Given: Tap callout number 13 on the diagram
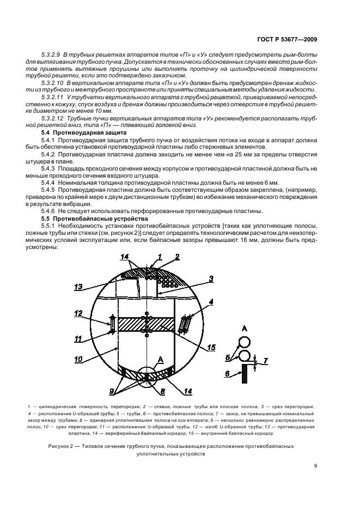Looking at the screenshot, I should [x=78, y=286].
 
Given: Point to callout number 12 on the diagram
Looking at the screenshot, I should [x=78, y=313].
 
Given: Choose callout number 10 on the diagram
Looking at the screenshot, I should [x=78, y=360].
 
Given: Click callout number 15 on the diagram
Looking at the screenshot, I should [x=210, y=347].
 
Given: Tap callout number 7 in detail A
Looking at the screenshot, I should [x=265, y=361].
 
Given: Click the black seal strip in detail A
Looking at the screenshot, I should [x=246, y=373].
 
